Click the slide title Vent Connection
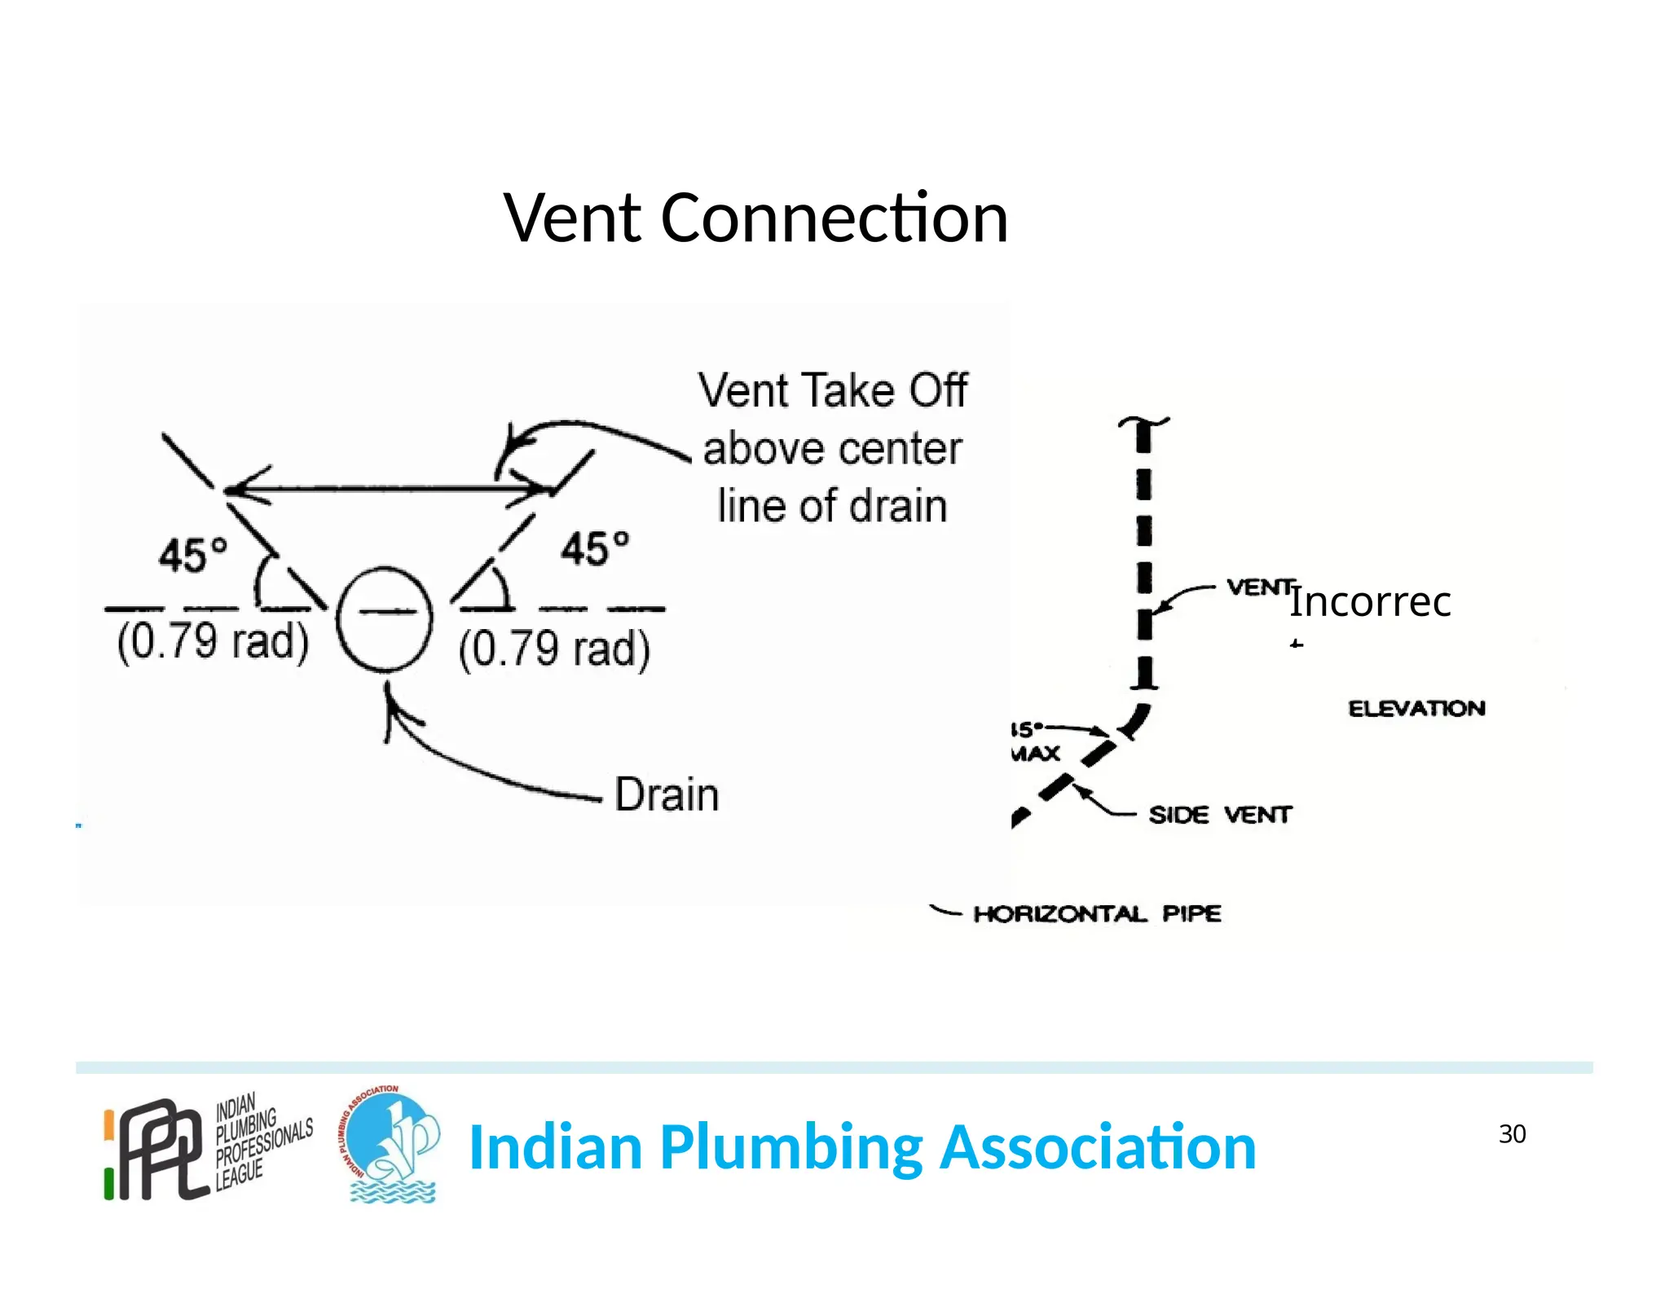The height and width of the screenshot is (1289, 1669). [755, 218]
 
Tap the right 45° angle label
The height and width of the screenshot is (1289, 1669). [594, 548]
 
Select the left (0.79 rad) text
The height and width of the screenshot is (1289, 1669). [213, 642]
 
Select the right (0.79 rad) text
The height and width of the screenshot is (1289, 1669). [554, 649]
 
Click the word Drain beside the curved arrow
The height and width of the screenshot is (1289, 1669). [667, 795]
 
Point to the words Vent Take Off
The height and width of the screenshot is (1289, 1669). [832, 390]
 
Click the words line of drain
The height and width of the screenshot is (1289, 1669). [832, 506]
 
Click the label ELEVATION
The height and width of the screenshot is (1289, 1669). [1416, 708]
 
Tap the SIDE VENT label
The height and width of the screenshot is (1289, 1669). [1220, 815]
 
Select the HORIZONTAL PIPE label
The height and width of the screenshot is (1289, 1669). [1097, 913]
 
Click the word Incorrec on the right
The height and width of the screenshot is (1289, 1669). [1370, 602]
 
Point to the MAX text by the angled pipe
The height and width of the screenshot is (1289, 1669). [1035, 753]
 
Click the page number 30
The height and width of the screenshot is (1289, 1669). [1512, 1134]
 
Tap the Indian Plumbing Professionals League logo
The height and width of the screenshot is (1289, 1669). [208, 1147]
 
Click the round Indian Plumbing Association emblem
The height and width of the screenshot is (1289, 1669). [390, 1145]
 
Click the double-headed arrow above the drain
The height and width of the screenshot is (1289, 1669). [387, 489]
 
